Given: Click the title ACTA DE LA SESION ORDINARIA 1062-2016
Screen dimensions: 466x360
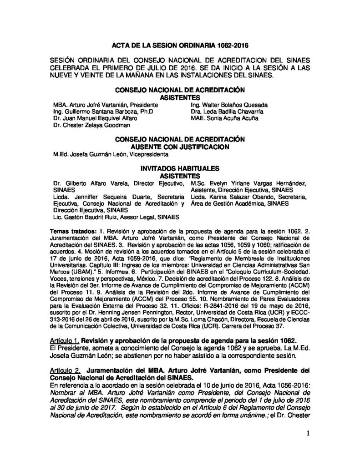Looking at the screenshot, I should pyautogui.click(x=180, y=46).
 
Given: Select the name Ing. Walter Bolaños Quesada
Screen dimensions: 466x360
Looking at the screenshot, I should pyautogui.click(x=229, y=104).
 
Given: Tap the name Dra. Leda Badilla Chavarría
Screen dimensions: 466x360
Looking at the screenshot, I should pyautogui.click(x=228, y=111).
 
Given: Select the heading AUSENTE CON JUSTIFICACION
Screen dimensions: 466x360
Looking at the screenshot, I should pyautogui.click(x=180, y=146).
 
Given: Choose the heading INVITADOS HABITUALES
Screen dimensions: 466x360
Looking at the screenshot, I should pyautogui.click(x=180, y=168).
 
